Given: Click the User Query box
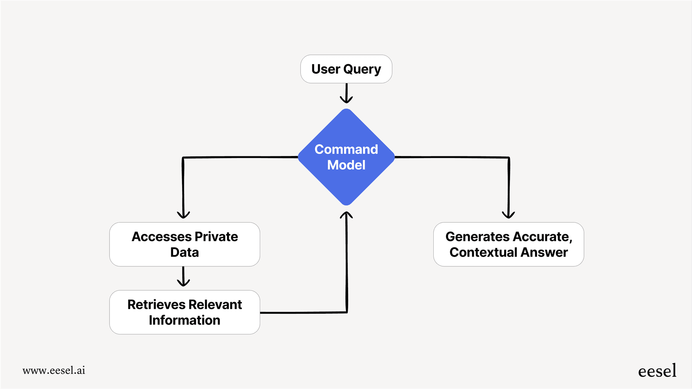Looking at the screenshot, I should (x=346, y=69).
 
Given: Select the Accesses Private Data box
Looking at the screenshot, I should (x=185, y=245).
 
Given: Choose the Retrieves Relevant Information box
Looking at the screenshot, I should (x=185, y=312).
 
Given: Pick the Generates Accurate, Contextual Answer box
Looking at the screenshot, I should (x=508, y=245).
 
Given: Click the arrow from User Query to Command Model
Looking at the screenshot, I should (x=346, y=94).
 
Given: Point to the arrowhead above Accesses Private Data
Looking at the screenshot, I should (x=183, y=214).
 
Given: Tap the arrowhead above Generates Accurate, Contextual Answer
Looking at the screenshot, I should (x=508, y=214).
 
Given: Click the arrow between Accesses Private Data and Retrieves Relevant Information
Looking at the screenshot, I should (x=183, y=277).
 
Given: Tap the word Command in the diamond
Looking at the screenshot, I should (x=346, y=149).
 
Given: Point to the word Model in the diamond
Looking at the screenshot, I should (x=346, y=165).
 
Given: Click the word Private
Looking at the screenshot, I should (x=216, y=237).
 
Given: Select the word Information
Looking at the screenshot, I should (x=185, y=320).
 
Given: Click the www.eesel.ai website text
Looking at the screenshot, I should (x=54, y=370).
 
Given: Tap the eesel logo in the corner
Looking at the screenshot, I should (x=657, y=371).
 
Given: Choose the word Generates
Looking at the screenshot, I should (x=477, y=237).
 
